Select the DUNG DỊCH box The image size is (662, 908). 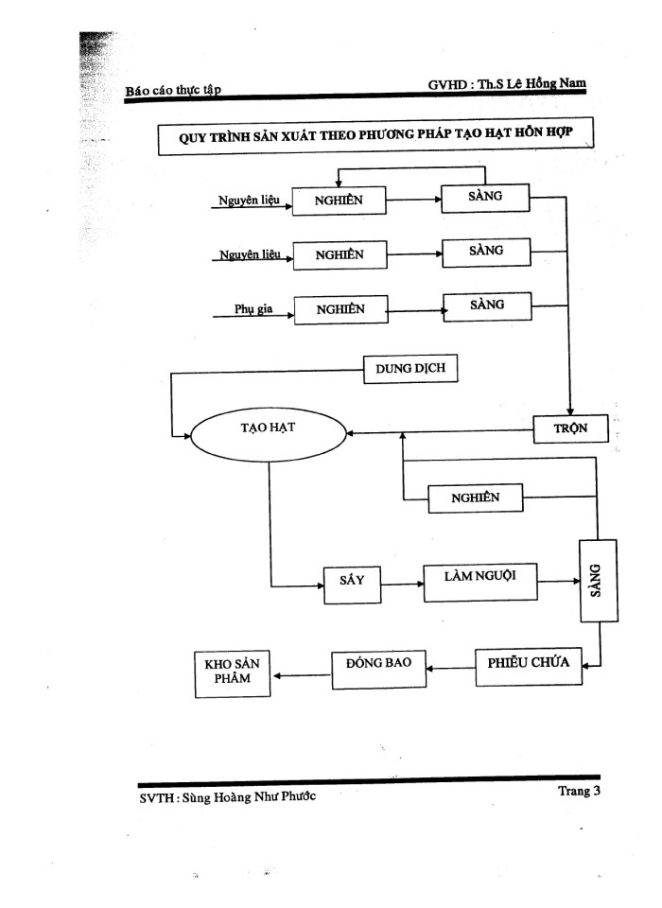click(x=409, y=370)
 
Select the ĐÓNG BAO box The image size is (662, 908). click(x=377, y=668)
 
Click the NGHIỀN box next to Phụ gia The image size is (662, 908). click(x=340, y=309)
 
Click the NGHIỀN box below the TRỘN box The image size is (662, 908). click(x=475, y=498)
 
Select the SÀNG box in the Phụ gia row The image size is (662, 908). click(x=486, y=306)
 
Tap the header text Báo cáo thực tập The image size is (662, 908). click(x=173, y=91)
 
